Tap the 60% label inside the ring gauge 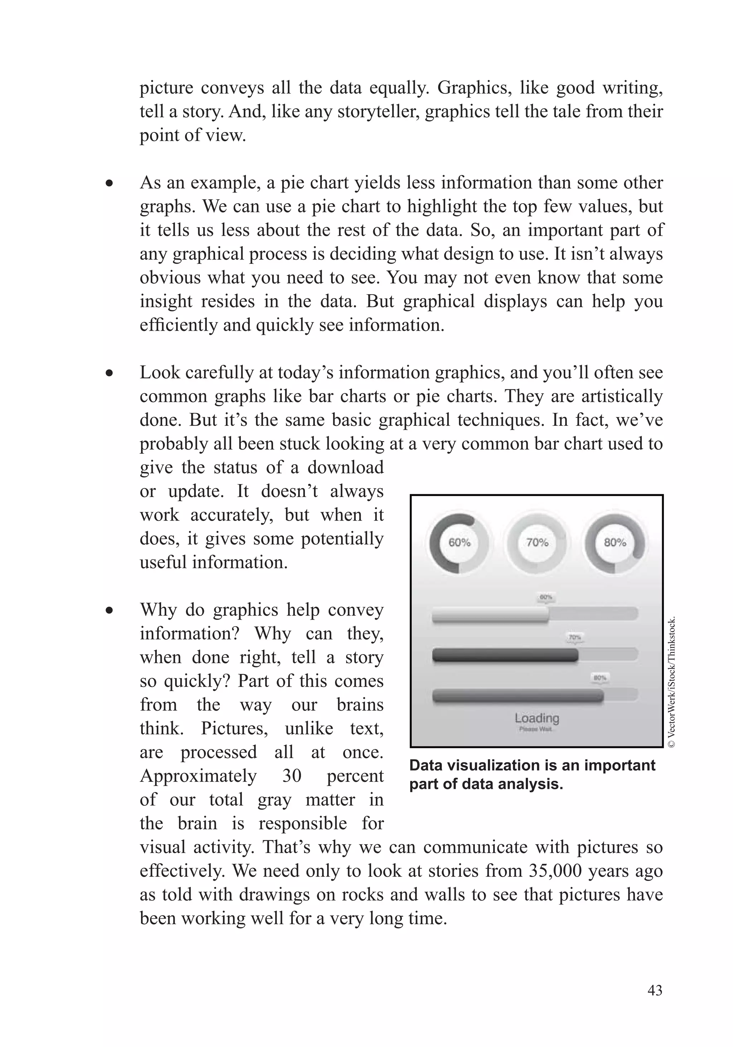pyautogui.click(x=459, y=543)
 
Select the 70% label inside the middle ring pyautogui.click(x=537, y=543)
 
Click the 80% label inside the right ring pyautogui.click(x=615, y=543)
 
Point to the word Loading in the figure pyautogui.click(x=537, y=718)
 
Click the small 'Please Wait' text pyautogui.click(x=535, y=729)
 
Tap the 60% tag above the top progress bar pyautogui.click(x=546, y=597)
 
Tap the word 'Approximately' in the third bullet pyautogui.click(x=198, y=776)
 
